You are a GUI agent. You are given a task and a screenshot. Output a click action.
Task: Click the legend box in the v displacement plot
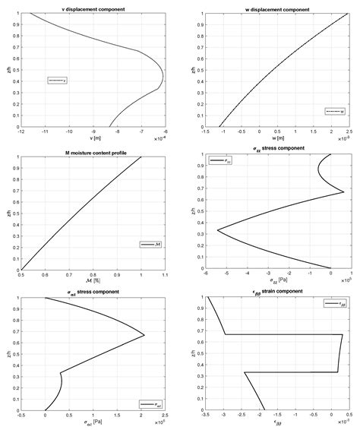pos(58,80)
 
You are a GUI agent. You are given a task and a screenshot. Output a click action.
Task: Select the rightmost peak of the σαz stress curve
pos(144,335)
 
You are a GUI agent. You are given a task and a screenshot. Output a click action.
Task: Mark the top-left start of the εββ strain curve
pos(207,297)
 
